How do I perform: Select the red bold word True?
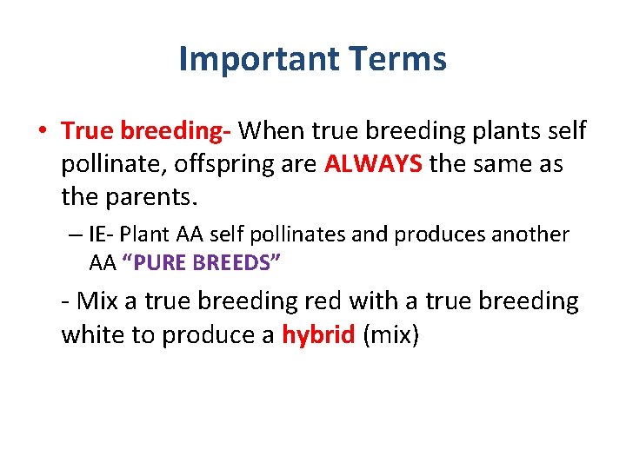coord(89,131)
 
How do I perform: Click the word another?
coord(532,234)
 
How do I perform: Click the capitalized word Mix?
coord(95,301)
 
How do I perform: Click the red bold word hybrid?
coord(318,334)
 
